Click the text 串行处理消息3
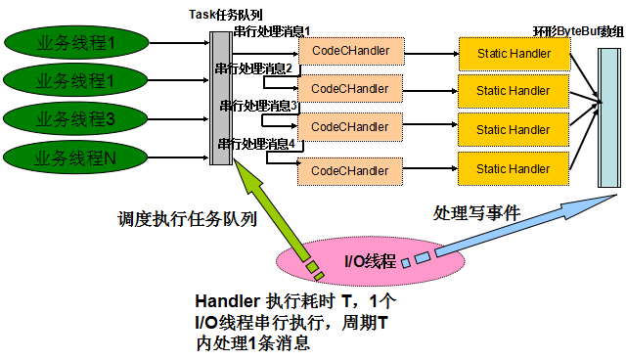coord(258,105)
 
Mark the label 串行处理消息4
coord(255,143)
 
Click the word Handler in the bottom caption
coord(226,302)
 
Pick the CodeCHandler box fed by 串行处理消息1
coord(349,50)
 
